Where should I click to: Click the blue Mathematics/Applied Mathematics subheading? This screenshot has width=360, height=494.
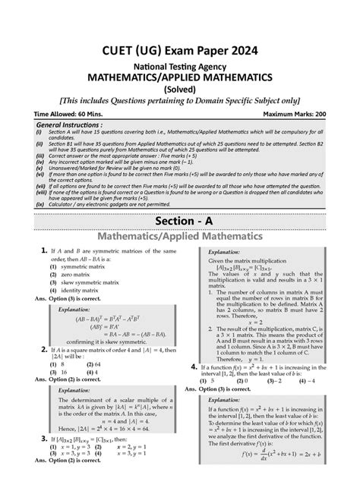[x=180, y=238]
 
